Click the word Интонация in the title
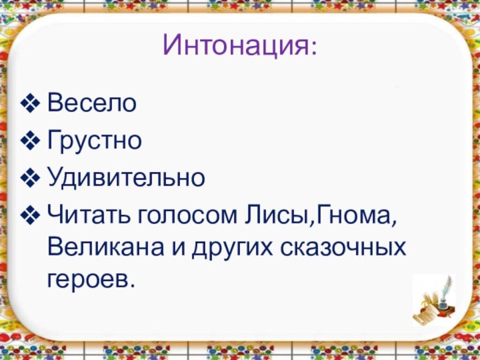(x=233, y=45)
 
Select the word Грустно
(x=94, y=141)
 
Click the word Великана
(x=107, y=248)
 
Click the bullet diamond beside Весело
(x=31, y=104)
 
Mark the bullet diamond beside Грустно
(x=31, y=141)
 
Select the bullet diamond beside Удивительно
(x=31, y=179)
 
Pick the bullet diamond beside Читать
(x=31, y=216)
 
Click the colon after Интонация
(x=313, y=48)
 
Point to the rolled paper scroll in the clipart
(x=425, y=313)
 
